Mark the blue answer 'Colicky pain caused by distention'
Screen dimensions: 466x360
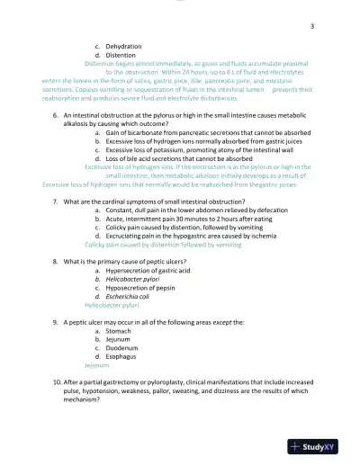(x=135, y=244)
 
